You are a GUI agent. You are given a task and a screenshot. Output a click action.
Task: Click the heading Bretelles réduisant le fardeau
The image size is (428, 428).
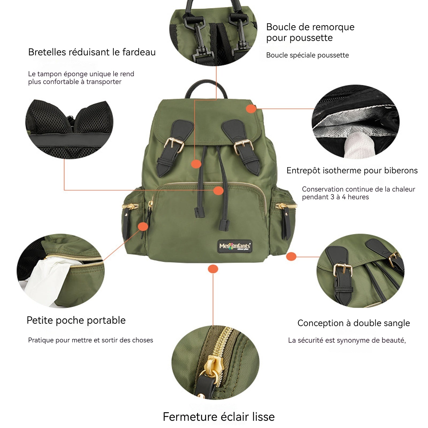point(92,52)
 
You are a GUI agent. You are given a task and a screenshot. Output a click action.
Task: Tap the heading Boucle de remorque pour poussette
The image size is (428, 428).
point(310,32)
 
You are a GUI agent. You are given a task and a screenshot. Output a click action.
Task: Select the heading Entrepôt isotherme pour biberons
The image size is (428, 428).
point(352,170)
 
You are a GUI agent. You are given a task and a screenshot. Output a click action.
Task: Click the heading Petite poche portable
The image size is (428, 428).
point(76,320)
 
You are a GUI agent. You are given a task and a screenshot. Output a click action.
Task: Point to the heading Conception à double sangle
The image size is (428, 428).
point(354,323)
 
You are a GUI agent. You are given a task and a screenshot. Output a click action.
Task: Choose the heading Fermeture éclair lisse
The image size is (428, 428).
point(219,417)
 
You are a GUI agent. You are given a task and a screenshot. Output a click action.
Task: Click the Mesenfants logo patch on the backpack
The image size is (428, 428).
point(235,246)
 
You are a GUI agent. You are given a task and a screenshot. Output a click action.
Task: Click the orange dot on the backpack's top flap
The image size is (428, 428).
point(251,109)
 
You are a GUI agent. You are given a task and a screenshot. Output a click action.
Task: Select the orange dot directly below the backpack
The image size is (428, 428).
point(213,269)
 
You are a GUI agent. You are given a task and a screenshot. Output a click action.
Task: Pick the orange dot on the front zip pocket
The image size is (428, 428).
point(219,190)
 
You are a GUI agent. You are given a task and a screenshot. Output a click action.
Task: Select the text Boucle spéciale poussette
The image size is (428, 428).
point(308,55)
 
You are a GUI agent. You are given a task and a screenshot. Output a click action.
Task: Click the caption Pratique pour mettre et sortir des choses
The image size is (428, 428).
point(91,340)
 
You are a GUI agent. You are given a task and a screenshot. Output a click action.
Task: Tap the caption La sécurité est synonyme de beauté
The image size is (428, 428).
point(347,341)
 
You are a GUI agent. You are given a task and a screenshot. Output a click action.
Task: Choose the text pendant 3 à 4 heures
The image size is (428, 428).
point(335,197)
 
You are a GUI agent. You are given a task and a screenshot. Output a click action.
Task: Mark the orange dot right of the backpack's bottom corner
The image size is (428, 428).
point(291,257)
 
